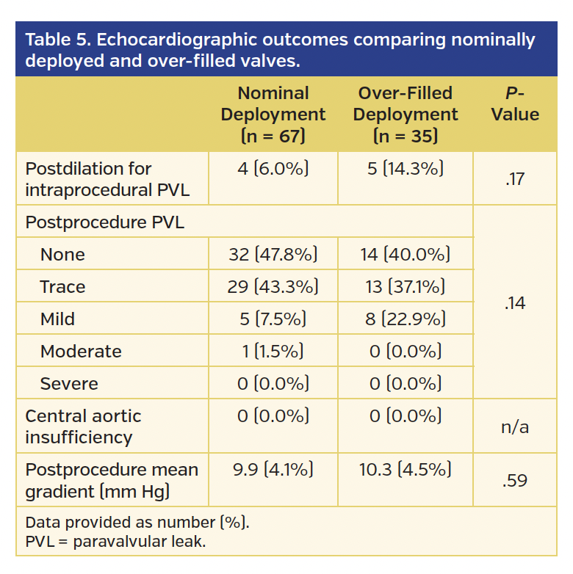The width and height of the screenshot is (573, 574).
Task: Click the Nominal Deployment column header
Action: [273, 115]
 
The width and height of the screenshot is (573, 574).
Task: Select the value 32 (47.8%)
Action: [273, 255]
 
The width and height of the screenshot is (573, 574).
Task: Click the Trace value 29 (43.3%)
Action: [273, 287]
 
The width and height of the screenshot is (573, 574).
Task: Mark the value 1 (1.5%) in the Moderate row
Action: [273, 352]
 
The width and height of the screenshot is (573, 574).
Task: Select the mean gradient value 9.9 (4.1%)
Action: [273, 470]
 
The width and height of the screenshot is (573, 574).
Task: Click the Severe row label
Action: [69, 384]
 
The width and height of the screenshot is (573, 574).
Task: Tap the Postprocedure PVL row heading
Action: [104, 222]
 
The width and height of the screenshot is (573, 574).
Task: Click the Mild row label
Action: [57, 319]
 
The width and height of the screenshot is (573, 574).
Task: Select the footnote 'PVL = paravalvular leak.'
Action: [115, 542]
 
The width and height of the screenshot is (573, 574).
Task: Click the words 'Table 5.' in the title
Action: [57, 40]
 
